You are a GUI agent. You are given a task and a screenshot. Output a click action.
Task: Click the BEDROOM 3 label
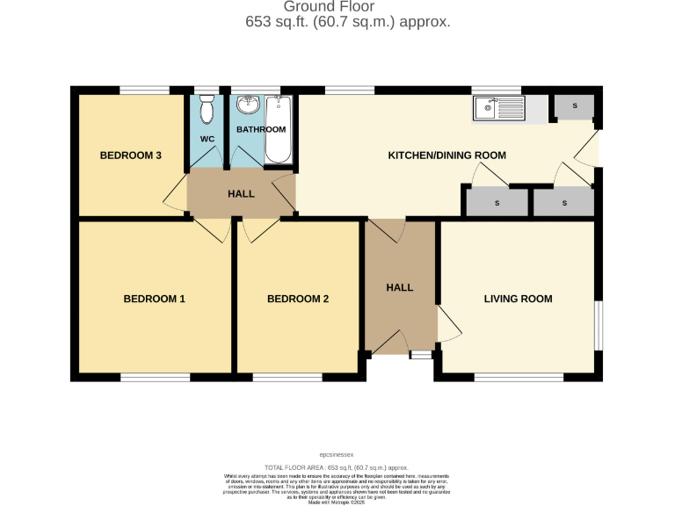(x=130, y=155)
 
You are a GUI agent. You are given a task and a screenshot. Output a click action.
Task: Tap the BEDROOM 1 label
(x=154, y=299)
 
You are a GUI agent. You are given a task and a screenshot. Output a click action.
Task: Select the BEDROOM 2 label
(x=298, y=299)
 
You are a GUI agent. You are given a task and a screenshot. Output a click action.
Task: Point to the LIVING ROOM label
(x=518, y=299)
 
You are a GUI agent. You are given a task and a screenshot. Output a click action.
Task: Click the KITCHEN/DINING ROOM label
(x=447, y=155)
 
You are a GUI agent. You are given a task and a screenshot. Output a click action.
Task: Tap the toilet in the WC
(x=207, y=110)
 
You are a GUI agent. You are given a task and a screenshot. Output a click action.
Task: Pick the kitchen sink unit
(x=498, y=109)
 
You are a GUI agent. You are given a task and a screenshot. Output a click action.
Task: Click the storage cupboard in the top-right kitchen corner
(x=575, y=107)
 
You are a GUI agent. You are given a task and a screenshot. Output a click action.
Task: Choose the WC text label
(x=207, y=140)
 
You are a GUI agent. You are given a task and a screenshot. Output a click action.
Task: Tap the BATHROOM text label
(x=261, y=130)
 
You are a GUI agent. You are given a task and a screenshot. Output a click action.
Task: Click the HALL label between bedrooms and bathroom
(x=241, y=193)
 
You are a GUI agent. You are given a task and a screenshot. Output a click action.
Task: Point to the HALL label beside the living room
(x=400, y=287)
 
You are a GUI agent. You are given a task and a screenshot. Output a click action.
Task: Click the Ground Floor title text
(x=347, y=8)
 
